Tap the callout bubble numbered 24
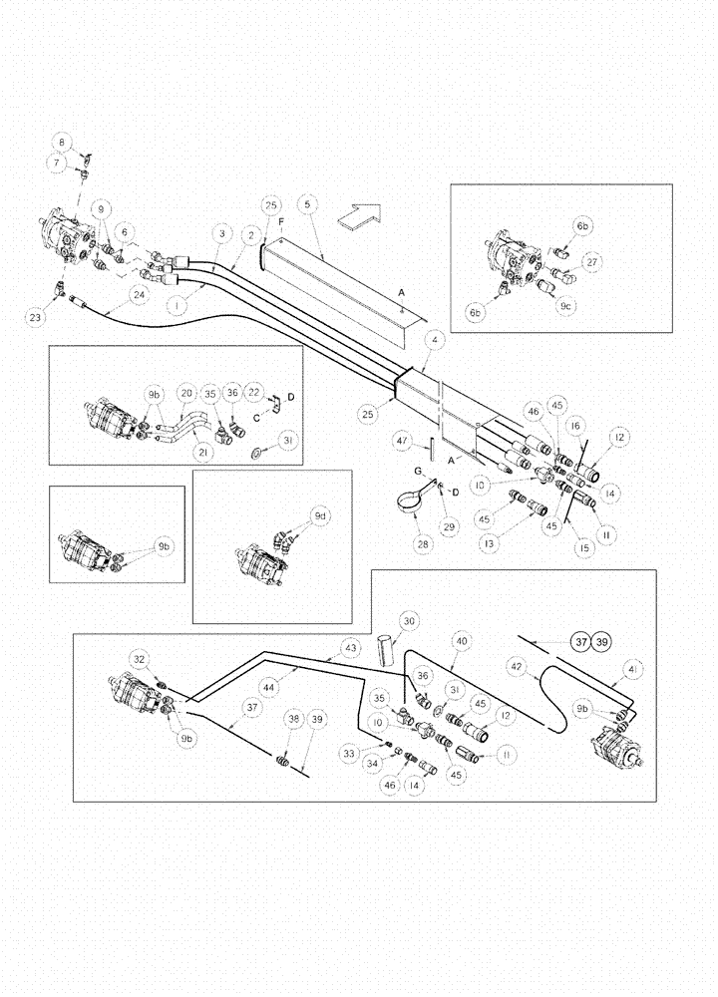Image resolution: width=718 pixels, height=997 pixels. tap(138, 295)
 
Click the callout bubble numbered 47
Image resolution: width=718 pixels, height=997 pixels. tap(401, 439)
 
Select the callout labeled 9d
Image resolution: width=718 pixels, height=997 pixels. tap(320, 516)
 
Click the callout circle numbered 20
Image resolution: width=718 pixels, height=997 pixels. tap(184, 391)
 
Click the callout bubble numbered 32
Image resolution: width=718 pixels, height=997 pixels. tap(141, 658)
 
